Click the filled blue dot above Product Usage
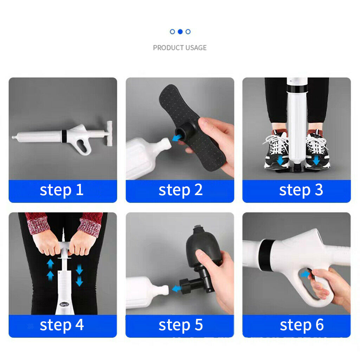pyautogui.click(x=180, y=32)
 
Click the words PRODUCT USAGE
pyautogui.click(x=180, y=48)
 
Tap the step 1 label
pyautogui.click(x=62, y=190)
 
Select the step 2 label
pyautogui.click(x=180, y=190)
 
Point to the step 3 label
pyautogui.click(x=301, y=190)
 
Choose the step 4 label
pyautogui.click(x=62, y=325)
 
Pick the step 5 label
pyautogui.click(x=180, y=325)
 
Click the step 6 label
pyautogui.click(x=301, y=325)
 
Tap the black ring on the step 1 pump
pyautogui.click(x=64, y=136)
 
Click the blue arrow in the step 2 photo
pyautogui.click(x=176, y=138)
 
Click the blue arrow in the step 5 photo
pyautogui.click(x=176, y=289)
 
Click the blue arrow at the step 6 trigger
pyautogui.click(x=305, y=274)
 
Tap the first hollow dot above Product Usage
pyautogui.click(x=172, y=32)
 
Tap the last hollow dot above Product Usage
pyautogui.click(x=188, y=32)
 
